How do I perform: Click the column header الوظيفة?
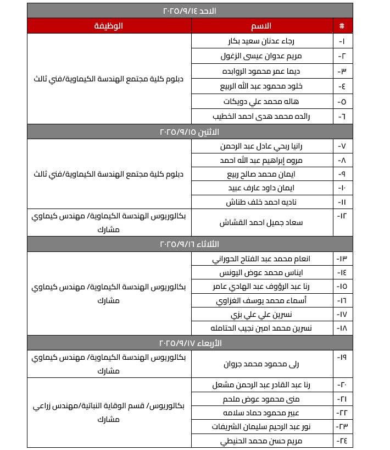pos(109,26)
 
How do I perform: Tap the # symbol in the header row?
pos(342,26)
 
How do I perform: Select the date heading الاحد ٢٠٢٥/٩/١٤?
pos(190,10)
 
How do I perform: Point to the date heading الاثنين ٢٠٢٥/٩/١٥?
pos(190,132)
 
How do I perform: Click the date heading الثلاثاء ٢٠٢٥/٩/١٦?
pos(190,244)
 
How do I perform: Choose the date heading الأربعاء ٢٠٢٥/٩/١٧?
pos(190,343)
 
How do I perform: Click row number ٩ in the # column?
pos(342,174)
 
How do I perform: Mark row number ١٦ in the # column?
pos(342,300)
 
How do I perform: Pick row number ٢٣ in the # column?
pos(342,427)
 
